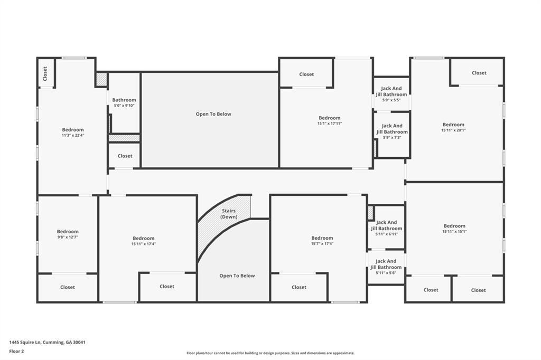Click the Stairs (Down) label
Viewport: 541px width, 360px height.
(229, 214)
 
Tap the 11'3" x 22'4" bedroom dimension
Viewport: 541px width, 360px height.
(73, 136)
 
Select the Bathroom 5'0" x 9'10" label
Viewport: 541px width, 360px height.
(124, 102)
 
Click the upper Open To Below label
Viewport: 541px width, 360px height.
(213, 114)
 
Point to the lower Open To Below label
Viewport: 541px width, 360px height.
(237, 276)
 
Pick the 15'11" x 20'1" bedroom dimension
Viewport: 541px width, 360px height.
(453, 130)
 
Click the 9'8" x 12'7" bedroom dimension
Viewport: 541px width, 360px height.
(68, 238)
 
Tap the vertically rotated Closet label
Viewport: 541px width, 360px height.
(45, 72)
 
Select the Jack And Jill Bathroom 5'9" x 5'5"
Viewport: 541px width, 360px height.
(391, 94)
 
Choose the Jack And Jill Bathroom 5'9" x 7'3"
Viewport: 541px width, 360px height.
(392, 131)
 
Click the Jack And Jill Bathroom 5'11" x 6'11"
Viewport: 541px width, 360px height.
(386, 228)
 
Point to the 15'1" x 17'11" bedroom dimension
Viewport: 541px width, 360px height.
(330, 124)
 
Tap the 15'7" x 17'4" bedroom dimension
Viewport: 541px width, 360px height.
(322, 244)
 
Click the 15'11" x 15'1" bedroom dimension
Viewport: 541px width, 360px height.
(454, 232)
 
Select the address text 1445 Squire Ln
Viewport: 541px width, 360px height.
(47, 342)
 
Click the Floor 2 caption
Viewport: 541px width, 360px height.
(17, 351)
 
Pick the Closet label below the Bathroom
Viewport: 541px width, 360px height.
(125, 156)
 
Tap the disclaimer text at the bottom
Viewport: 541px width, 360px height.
(270, 353)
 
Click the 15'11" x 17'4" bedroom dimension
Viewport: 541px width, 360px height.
(144, 244)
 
